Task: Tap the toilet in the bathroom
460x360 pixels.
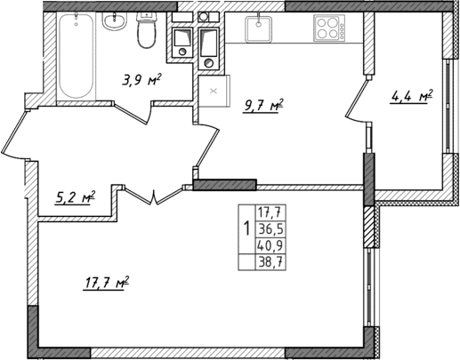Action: coord(148,34)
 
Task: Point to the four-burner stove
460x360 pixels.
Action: coord(329,28)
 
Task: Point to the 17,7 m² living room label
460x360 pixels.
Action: coord(107,283)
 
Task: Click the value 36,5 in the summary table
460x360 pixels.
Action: coord(270,228)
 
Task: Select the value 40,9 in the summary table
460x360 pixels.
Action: coord(270,244)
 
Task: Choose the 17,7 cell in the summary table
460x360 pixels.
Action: coord(270,212)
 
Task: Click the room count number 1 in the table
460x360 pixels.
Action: coord(246,228)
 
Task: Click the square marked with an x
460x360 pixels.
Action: coord(213,90)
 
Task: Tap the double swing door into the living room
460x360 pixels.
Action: coord(155,196)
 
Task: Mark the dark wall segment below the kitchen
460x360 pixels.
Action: coord(224,185)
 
